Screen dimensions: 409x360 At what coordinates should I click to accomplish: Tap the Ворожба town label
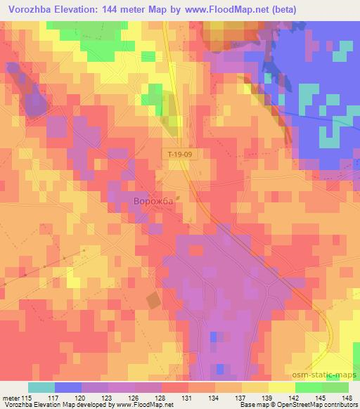pyautogui.click(x=153, y=202)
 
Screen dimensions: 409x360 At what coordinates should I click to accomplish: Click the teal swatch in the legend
pyautogui.click(x=41, y=387)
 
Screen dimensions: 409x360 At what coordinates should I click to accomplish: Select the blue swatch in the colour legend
pyautogui.click(x=68, y=387)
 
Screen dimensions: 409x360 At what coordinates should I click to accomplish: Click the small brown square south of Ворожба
pyautogui.click(x=153, y=301)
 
